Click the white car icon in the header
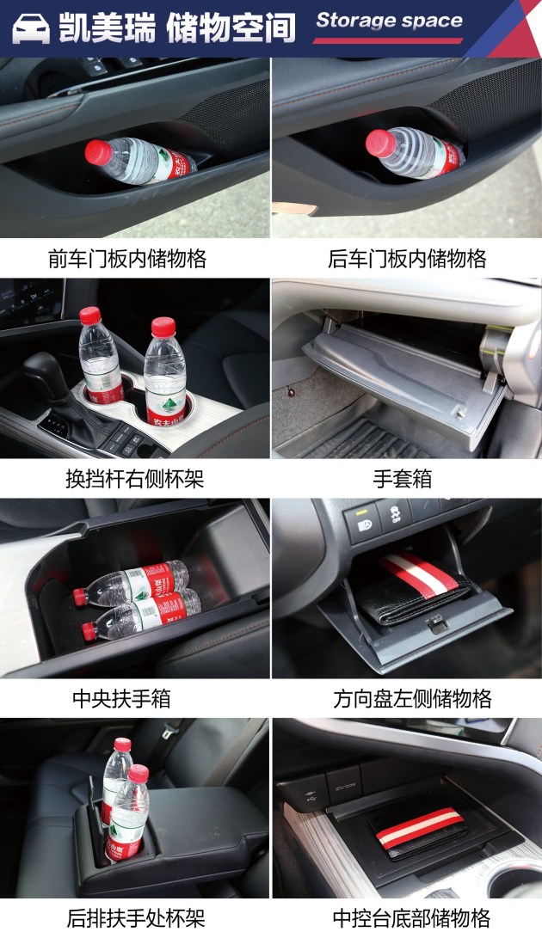point(31,28)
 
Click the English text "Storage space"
point(389,21)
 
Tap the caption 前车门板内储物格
point(127,259)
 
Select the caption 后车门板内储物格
point(407,259)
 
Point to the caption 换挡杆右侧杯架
point(135,479)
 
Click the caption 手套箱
point(403,479)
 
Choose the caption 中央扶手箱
point(121,698)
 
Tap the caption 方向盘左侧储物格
point(413,698)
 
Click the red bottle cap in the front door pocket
point(97,152)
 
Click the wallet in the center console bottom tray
point(419,831)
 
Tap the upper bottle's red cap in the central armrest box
point(80,597)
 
